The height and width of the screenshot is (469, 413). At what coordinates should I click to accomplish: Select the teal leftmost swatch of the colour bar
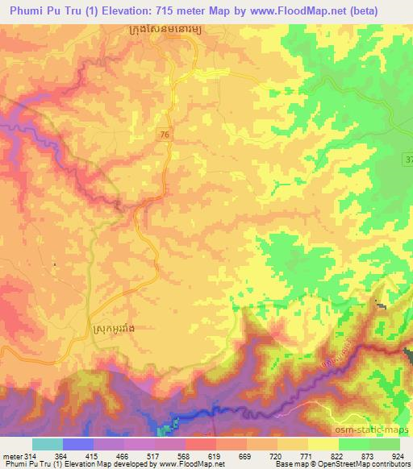pos(48,444)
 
